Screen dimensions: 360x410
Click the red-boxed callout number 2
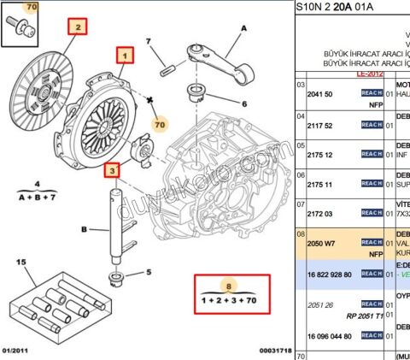tap(78, 27)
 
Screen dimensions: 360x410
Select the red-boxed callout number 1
tap(126, 57)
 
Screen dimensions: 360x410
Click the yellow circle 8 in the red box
tap(227, 286)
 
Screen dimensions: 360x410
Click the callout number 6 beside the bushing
tap(243, 105)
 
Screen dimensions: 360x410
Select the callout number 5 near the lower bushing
tap(148, 273)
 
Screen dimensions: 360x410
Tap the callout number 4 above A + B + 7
tap(38, 184)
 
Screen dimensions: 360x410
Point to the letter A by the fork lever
tap(243, 28)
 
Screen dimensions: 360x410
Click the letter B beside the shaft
tap(84, 229)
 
